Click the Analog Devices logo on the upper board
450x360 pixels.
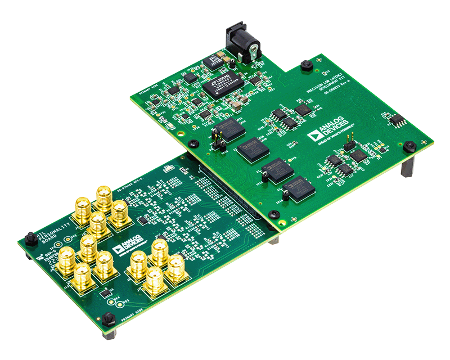(328, 130)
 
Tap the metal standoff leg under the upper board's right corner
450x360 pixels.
(407, 166)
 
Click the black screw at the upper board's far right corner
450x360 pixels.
(411, 146)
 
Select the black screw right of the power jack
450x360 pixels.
(306, 65)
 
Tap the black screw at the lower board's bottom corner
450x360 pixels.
(109, 319)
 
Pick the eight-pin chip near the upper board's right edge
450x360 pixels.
(397, 119)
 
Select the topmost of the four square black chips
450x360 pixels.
(231, 128)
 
